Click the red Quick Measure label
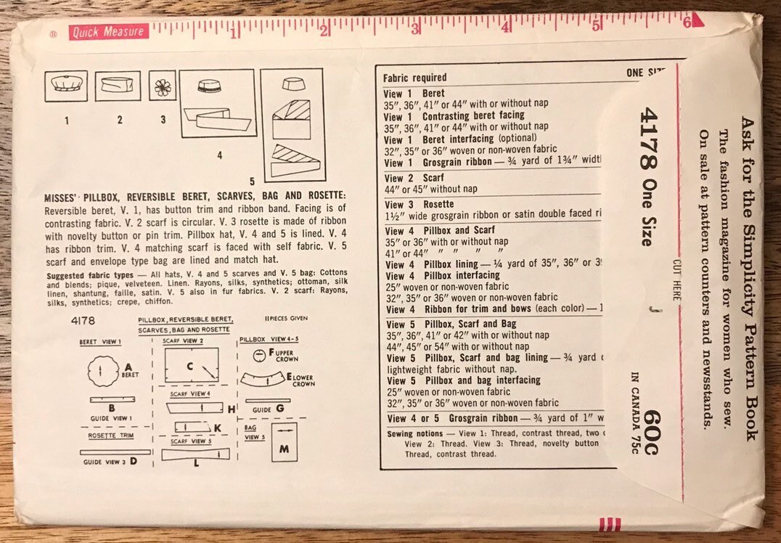(x=108, y=32)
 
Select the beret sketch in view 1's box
(x=65, y=86)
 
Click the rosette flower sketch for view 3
(x=163, y=86)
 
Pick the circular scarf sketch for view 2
(x=119, y=86)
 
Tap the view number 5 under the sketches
(x=252, y=181)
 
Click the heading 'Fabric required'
(x=415, y=78)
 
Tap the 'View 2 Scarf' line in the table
(x=414, y=178)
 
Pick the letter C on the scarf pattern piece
(x=189, y=367)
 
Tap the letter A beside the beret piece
(x=128, y=367)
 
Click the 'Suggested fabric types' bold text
(x=89, y=276)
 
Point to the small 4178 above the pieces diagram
(x=83, y=320)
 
